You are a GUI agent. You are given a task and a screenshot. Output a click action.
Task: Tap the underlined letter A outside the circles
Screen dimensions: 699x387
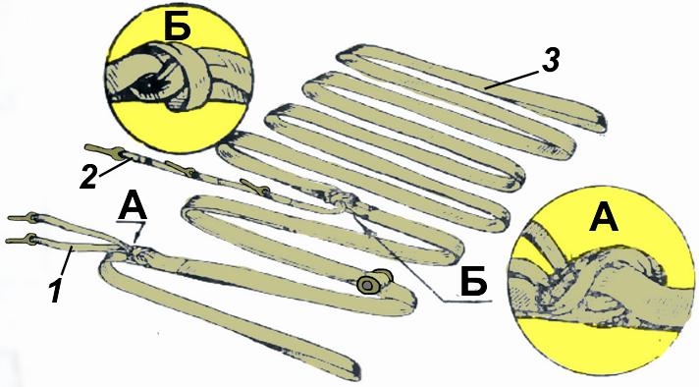click(x=132, y=208)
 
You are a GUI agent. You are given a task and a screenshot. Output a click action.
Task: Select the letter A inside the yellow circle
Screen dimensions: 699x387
click(x=604, y=217)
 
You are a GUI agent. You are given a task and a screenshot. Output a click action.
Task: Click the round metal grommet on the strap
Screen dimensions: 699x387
click(x=369, y=284)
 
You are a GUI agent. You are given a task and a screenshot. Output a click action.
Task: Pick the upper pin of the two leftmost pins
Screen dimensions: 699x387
click(x=24, y=218)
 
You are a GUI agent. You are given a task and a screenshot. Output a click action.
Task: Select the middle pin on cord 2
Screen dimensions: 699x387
click(x=181, y=168)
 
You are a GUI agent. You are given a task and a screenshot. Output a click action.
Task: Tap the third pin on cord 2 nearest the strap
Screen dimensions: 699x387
click(x=254, y=187)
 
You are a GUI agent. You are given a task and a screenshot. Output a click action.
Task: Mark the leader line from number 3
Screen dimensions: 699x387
click(x=513, y=79)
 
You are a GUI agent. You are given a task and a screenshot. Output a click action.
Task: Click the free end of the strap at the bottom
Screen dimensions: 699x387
click(x=352, y=369)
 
